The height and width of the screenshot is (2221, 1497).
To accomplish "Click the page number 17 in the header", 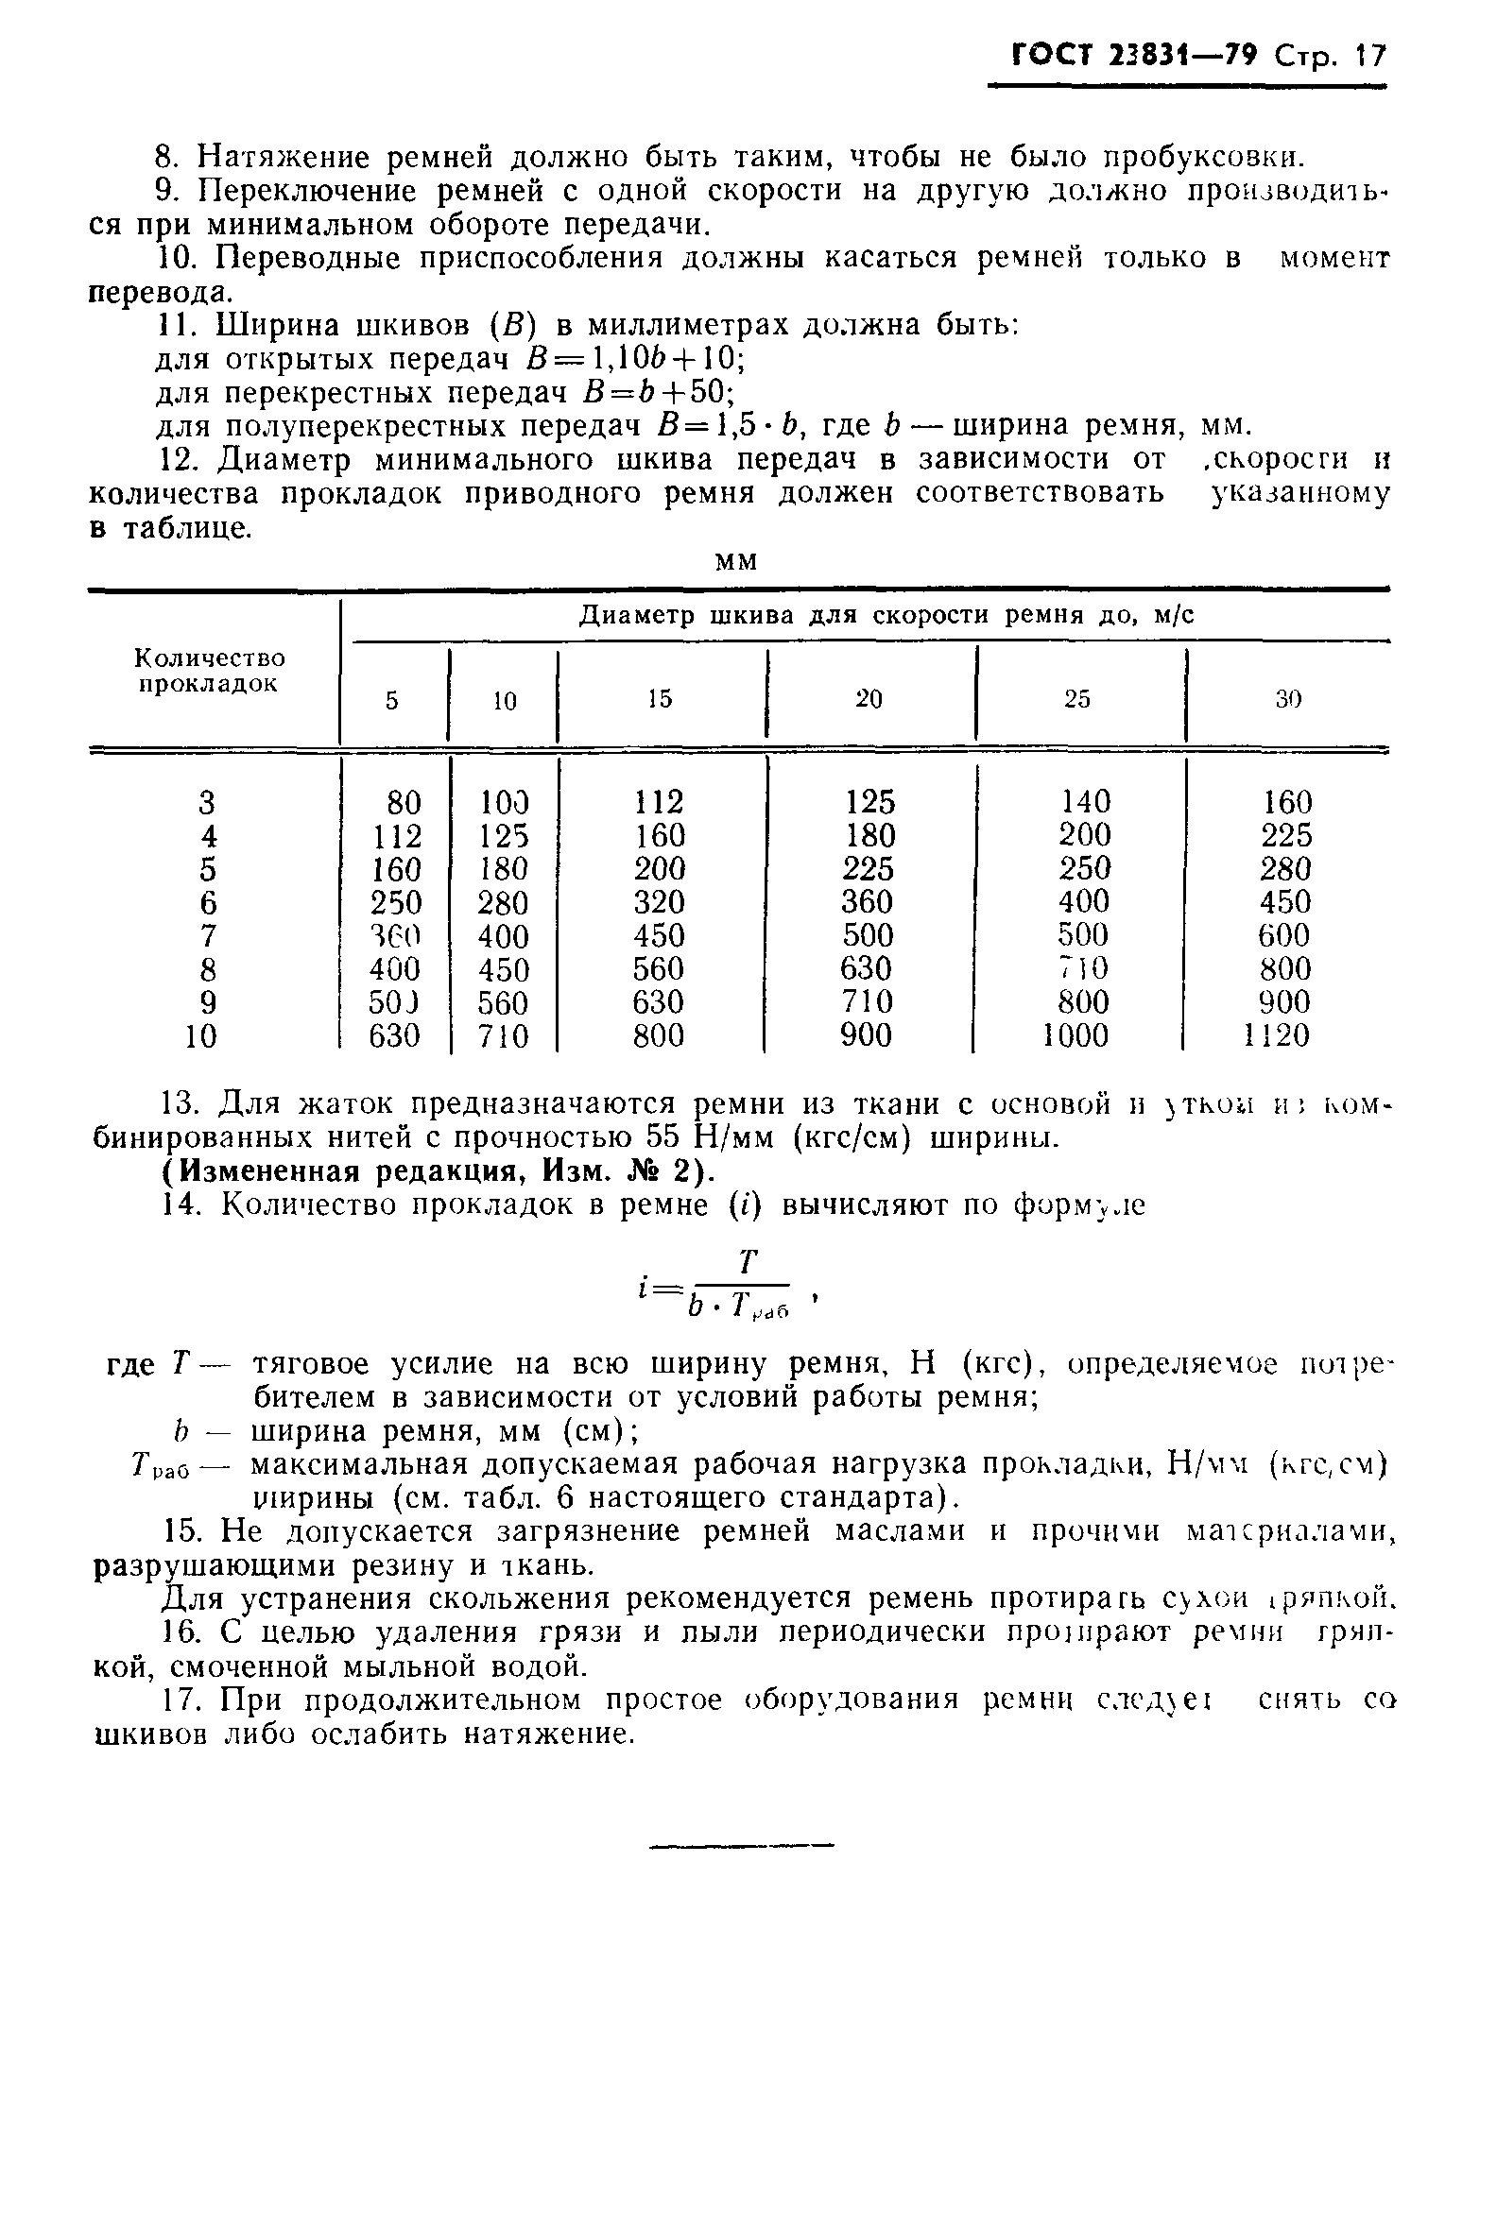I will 1369,57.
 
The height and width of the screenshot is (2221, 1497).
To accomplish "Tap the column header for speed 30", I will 1288,699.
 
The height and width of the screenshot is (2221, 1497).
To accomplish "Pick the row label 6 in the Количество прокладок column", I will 209,903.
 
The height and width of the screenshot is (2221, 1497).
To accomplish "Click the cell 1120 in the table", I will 1278,1035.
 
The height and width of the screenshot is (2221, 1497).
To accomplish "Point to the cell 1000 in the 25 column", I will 1075,1035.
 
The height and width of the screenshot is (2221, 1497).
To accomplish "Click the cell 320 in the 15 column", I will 659,903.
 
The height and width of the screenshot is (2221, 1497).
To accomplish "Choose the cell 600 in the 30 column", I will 1284,935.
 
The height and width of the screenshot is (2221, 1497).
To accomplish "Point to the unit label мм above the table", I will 736,563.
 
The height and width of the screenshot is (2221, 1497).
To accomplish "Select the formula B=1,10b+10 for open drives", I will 636,359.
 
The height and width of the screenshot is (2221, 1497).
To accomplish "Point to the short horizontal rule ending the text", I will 741,1846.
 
